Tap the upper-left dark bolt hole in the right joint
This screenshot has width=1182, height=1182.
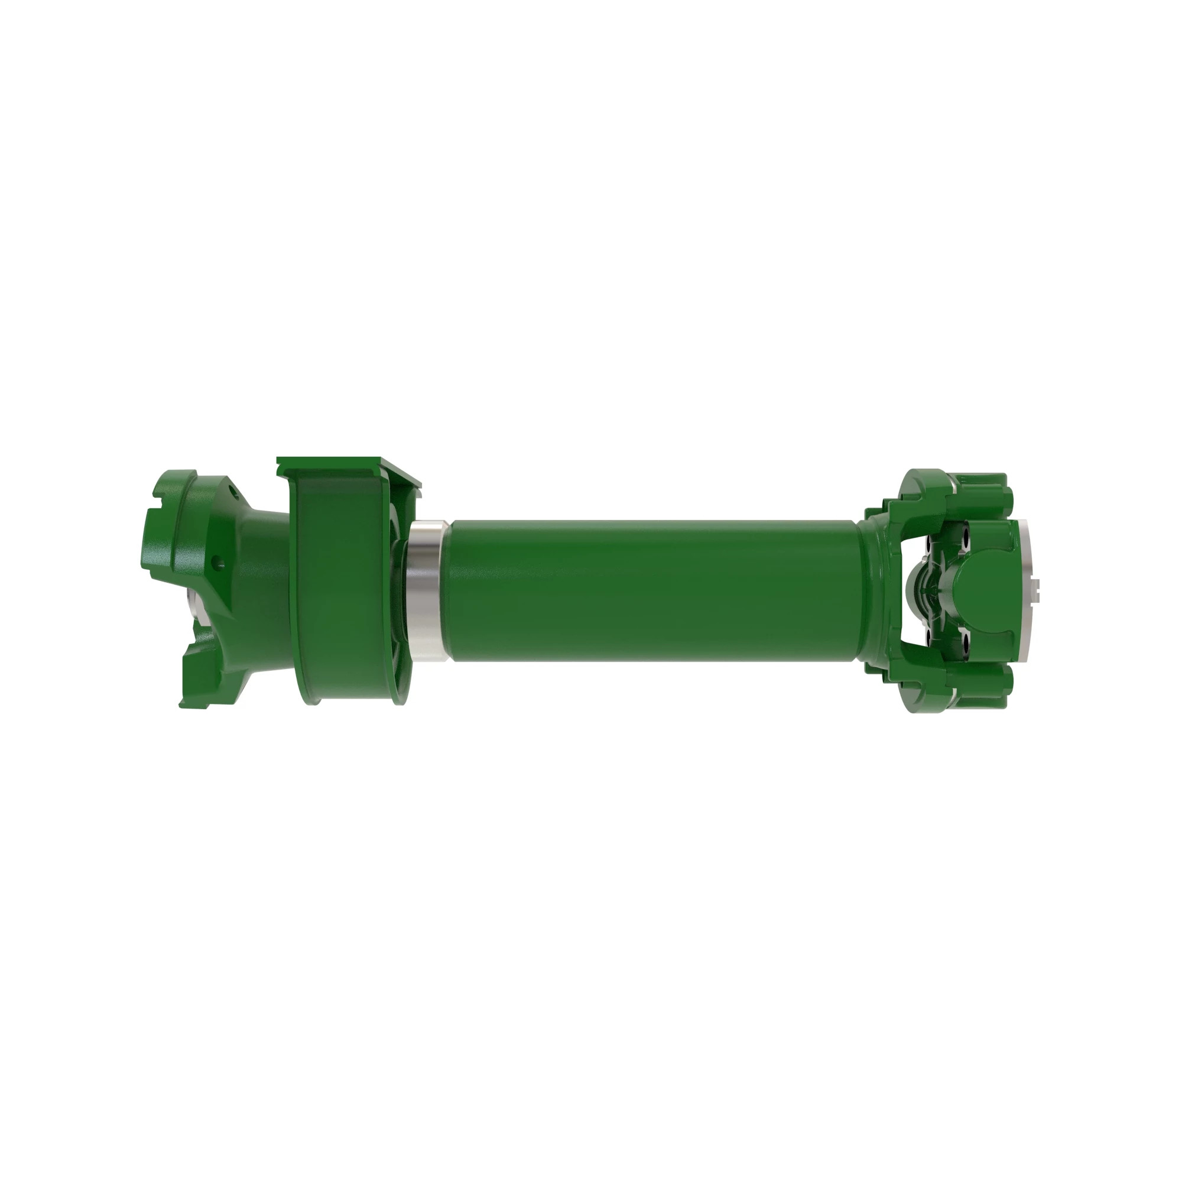pyautogui.click(x=928, y=543)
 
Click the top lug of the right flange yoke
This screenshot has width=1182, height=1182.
pyautogui.click(x=979, y=489)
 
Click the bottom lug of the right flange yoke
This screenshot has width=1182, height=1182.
pyautogui.click(x=979, y=689)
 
